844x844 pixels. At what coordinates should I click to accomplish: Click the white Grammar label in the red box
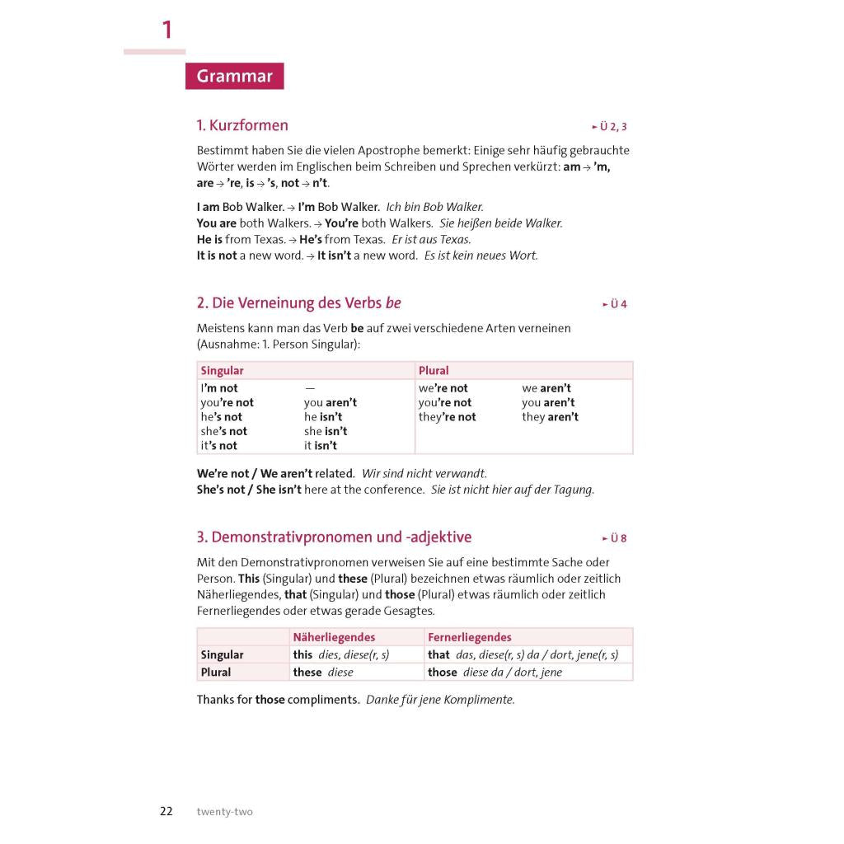pos(234,77)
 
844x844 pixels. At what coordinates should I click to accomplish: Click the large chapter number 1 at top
pos(167,30)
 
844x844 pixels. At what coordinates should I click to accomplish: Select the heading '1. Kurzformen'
pos(242,125)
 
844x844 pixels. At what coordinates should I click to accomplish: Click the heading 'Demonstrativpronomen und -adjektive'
pos(334,537)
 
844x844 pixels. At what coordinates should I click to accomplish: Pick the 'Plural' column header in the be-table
pos(434,371)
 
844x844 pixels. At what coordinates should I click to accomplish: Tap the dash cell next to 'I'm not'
pos(310,388)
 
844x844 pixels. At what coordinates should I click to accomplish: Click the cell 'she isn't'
pos(326,431)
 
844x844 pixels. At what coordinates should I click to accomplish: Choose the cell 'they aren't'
pos(550,417)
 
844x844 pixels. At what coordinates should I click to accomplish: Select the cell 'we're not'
pos(443,388)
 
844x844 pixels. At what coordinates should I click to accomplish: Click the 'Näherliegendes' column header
pos(334,637)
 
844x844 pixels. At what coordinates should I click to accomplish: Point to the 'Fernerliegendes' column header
pos(469,637)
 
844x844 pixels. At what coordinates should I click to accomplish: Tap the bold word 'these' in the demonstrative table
pos(307,673)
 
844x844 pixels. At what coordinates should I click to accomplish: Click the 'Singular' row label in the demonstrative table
pos(222,654)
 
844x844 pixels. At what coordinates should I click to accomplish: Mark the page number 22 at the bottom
pos(166,811)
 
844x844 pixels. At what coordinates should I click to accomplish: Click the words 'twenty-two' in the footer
pos(224,812)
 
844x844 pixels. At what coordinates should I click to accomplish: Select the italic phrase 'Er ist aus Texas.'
pos(443,240)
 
